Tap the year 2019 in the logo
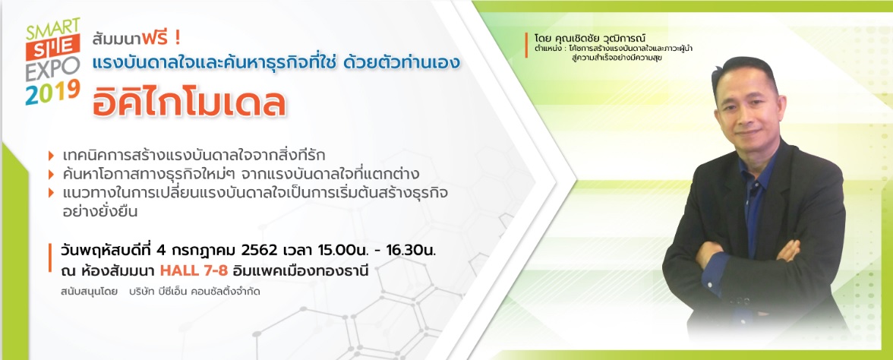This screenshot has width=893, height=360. coord(52,92)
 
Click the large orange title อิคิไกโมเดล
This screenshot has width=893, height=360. coord(190,102)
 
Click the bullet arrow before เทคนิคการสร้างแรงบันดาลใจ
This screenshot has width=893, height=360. coord(52,156)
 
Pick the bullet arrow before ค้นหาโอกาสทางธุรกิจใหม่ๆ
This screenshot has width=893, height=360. coord(52,175)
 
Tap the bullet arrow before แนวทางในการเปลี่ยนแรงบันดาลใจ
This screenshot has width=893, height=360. coord(52,193)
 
